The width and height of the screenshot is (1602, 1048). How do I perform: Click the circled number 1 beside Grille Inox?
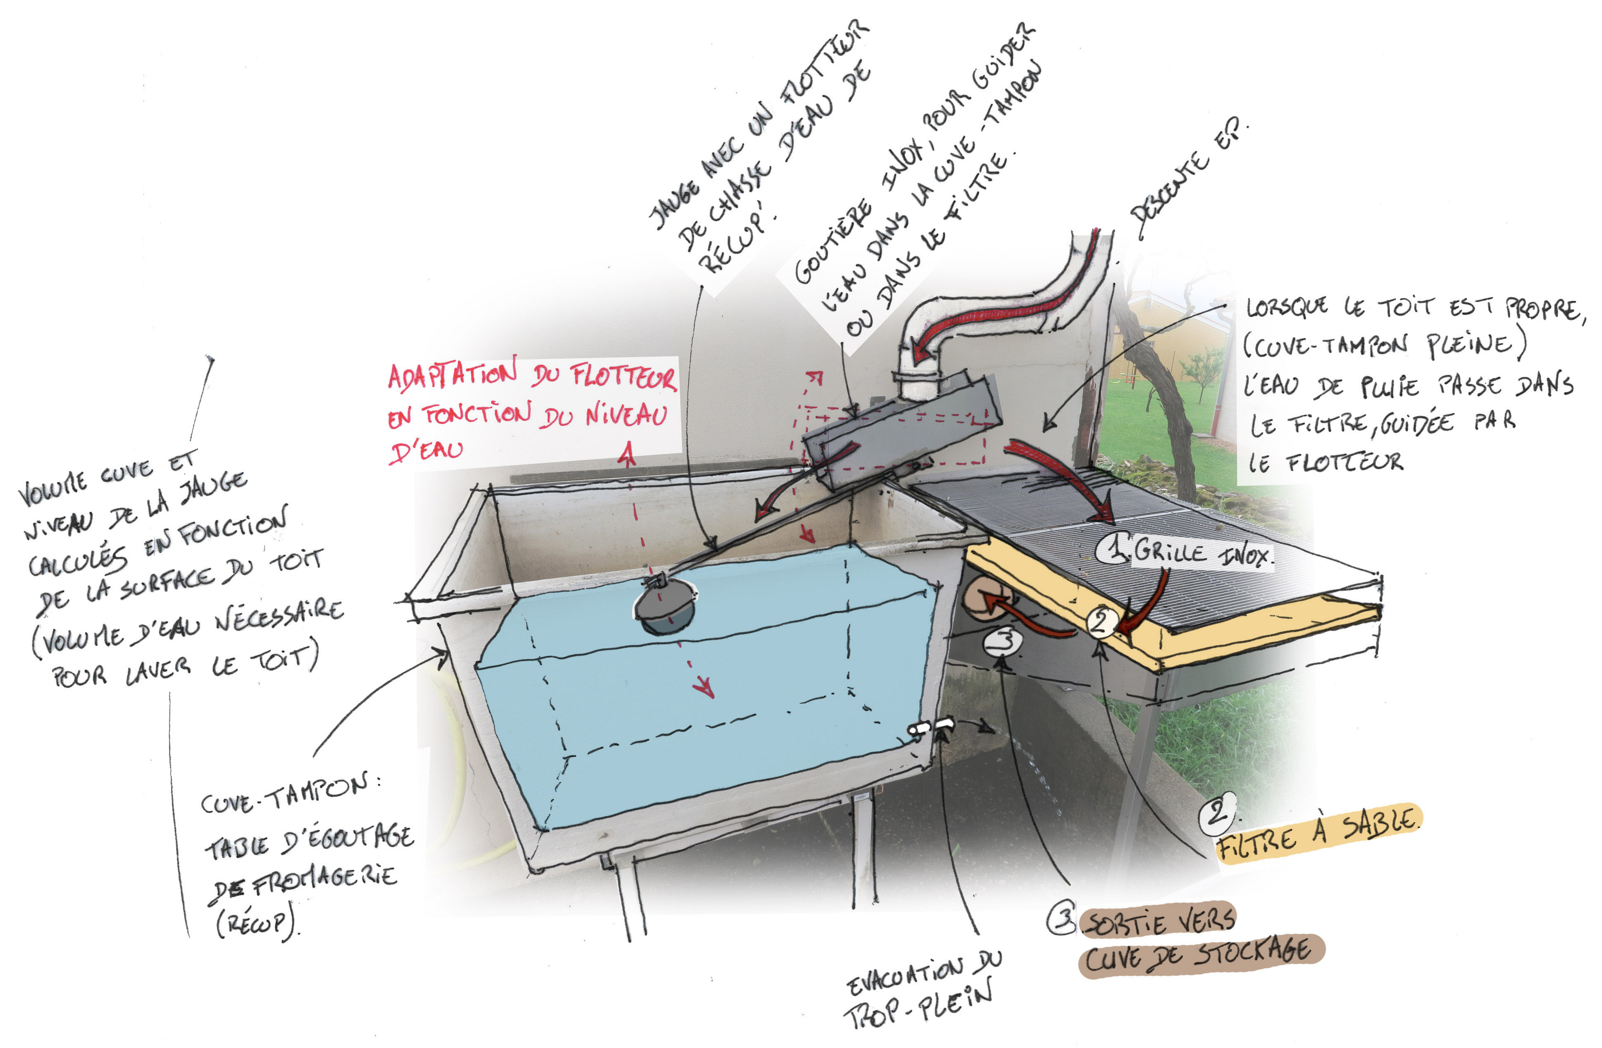(1112, 548)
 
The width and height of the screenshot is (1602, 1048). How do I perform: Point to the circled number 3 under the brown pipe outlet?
(1004, 641)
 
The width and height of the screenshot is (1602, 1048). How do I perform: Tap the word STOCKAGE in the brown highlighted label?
(1252, 951)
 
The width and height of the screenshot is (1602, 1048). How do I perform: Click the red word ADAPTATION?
(452, 375)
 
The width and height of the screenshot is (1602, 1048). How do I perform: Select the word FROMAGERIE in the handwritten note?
(323, 877)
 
